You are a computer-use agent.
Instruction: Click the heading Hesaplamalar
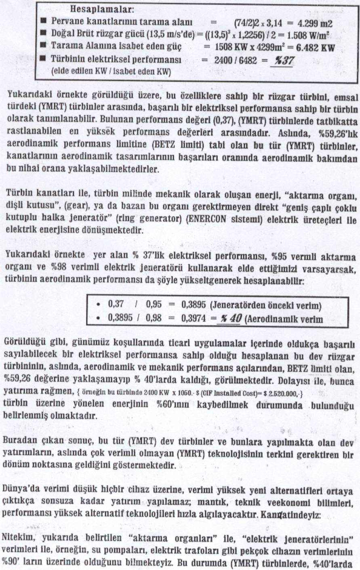point(102,8)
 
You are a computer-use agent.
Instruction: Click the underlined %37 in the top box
point(284,61)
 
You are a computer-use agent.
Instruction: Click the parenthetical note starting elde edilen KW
point(111,72)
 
